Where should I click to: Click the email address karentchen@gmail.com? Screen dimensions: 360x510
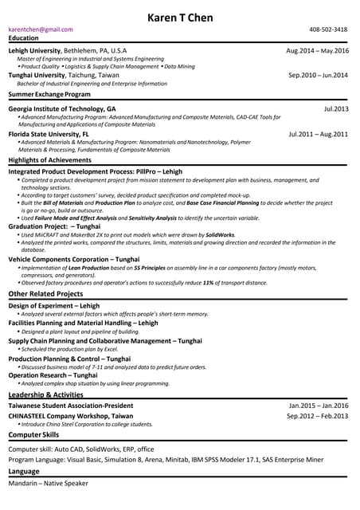tap(41, 29)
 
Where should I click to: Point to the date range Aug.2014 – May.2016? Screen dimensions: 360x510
tap(317, 50)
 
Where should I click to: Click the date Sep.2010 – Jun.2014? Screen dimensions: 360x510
tap(318, 75)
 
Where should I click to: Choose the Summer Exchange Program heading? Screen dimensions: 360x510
tap(49, 94)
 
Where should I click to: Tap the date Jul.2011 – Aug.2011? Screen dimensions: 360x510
tap(318, 134)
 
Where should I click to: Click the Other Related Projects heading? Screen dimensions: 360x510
tap(45, 294)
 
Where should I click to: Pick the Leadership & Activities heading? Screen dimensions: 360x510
tap(45, 394)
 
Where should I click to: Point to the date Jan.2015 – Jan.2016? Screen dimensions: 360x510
tap(318, 406)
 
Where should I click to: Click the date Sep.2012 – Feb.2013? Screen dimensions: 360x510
tap(318, 416)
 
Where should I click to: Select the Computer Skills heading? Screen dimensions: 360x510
tap(33, 435)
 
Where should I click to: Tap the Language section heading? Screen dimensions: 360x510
tap(23, 472)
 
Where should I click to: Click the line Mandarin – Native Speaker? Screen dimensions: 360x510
tap(48, 484)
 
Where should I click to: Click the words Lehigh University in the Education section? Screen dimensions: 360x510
tap(34, 50)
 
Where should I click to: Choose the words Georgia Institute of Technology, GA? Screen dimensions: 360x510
tap(62, 108)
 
